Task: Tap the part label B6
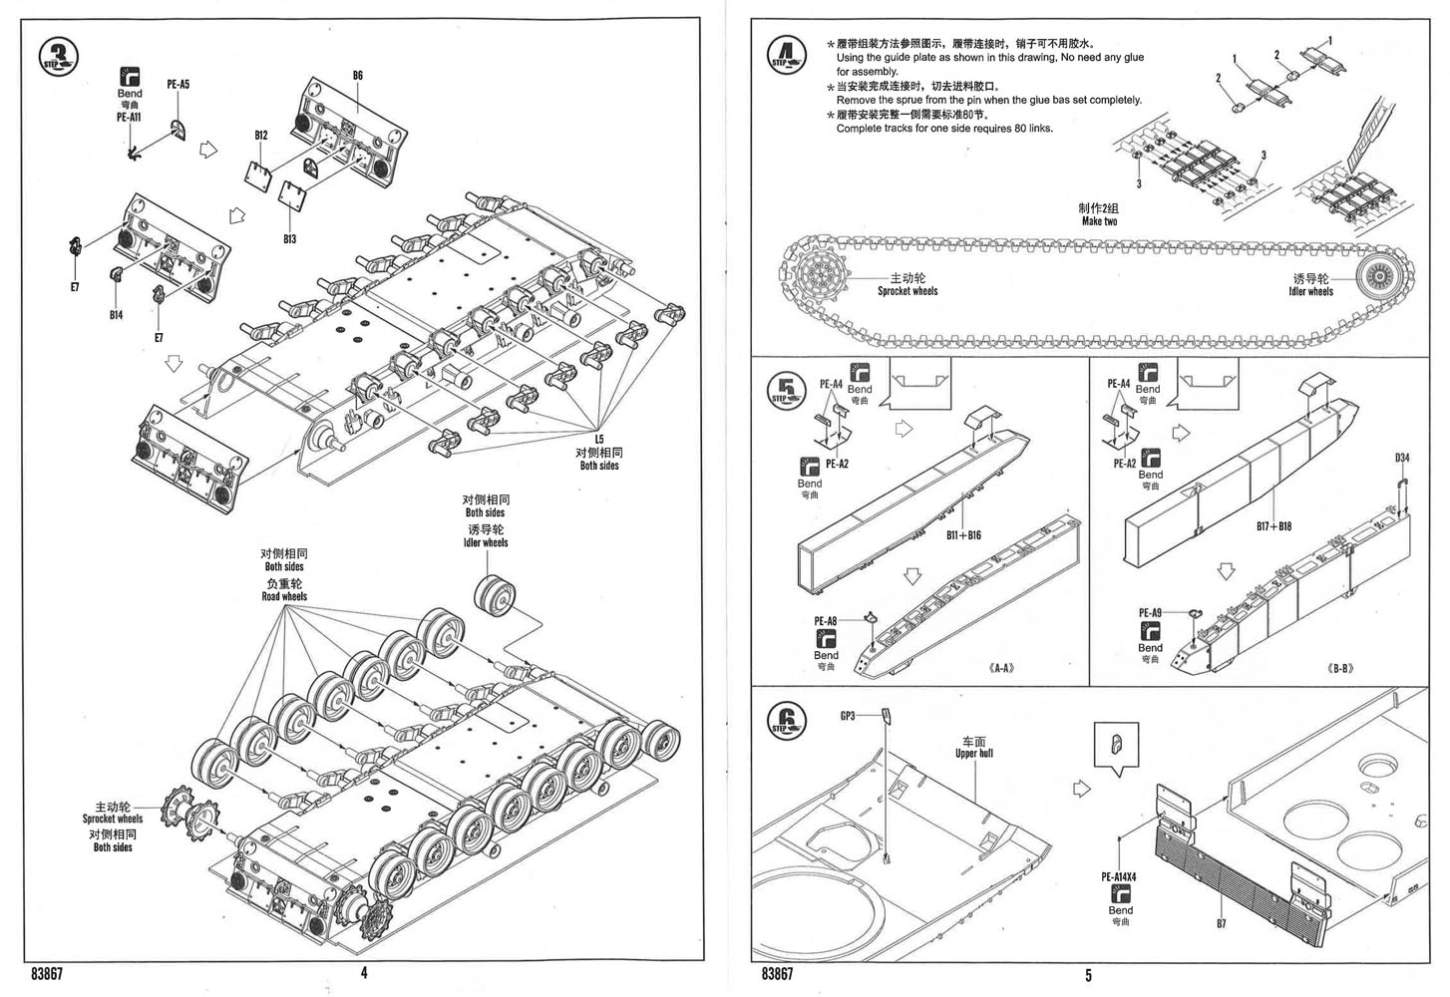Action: coord(358,75)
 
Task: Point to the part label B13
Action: coord(289,239)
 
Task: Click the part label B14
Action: coord(117,315)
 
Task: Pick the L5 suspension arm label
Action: coord(599,439)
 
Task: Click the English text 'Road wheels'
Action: coord(284,597)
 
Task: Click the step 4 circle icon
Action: coord(787,56)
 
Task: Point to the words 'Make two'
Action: coord(1099,221)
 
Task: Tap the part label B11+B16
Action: coord(963,535)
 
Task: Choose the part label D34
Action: coord(1402,459)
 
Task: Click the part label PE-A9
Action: coord(1150,613)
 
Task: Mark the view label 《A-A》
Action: coord(1003,668)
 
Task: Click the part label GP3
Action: coord(849,716)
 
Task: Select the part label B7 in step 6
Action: coord(1221,924)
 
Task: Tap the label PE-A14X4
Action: coord(1119,877)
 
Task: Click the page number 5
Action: coord(1089,975)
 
